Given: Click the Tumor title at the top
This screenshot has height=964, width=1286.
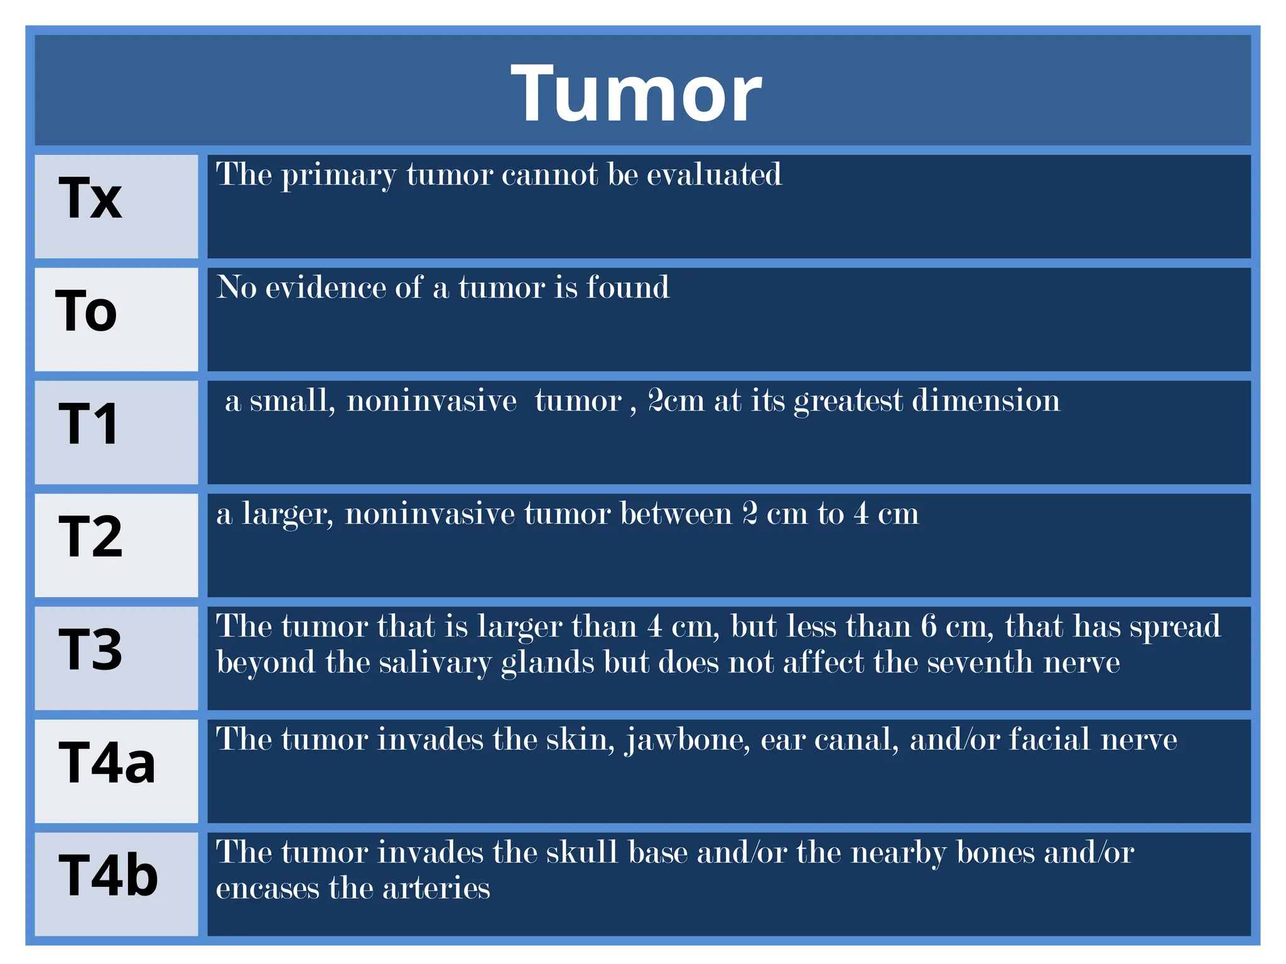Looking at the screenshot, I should click(636, 95).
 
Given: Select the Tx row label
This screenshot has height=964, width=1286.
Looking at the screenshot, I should click(90, 198).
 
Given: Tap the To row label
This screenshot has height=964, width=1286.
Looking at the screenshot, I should click(86, 311).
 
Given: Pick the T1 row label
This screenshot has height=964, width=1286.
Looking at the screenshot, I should click(89, 425).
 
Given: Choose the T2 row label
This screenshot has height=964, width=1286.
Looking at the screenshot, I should click(90, 537).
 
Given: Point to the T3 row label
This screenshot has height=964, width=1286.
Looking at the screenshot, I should click(90, 650).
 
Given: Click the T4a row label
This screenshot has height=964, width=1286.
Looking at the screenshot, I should click(107, 763).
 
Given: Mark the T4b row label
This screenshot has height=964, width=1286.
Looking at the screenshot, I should click(108, 876).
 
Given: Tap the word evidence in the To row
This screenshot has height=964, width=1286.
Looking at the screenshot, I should click(325, 287).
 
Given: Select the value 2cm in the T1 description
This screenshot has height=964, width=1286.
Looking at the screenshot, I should click(676, 400).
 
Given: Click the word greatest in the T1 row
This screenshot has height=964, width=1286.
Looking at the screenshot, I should click(848, 402).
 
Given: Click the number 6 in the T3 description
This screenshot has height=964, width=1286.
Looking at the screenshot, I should click(929, 626).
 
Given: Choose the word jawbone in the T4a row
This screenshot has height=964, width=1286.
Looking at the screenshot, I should click(688, 741).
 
